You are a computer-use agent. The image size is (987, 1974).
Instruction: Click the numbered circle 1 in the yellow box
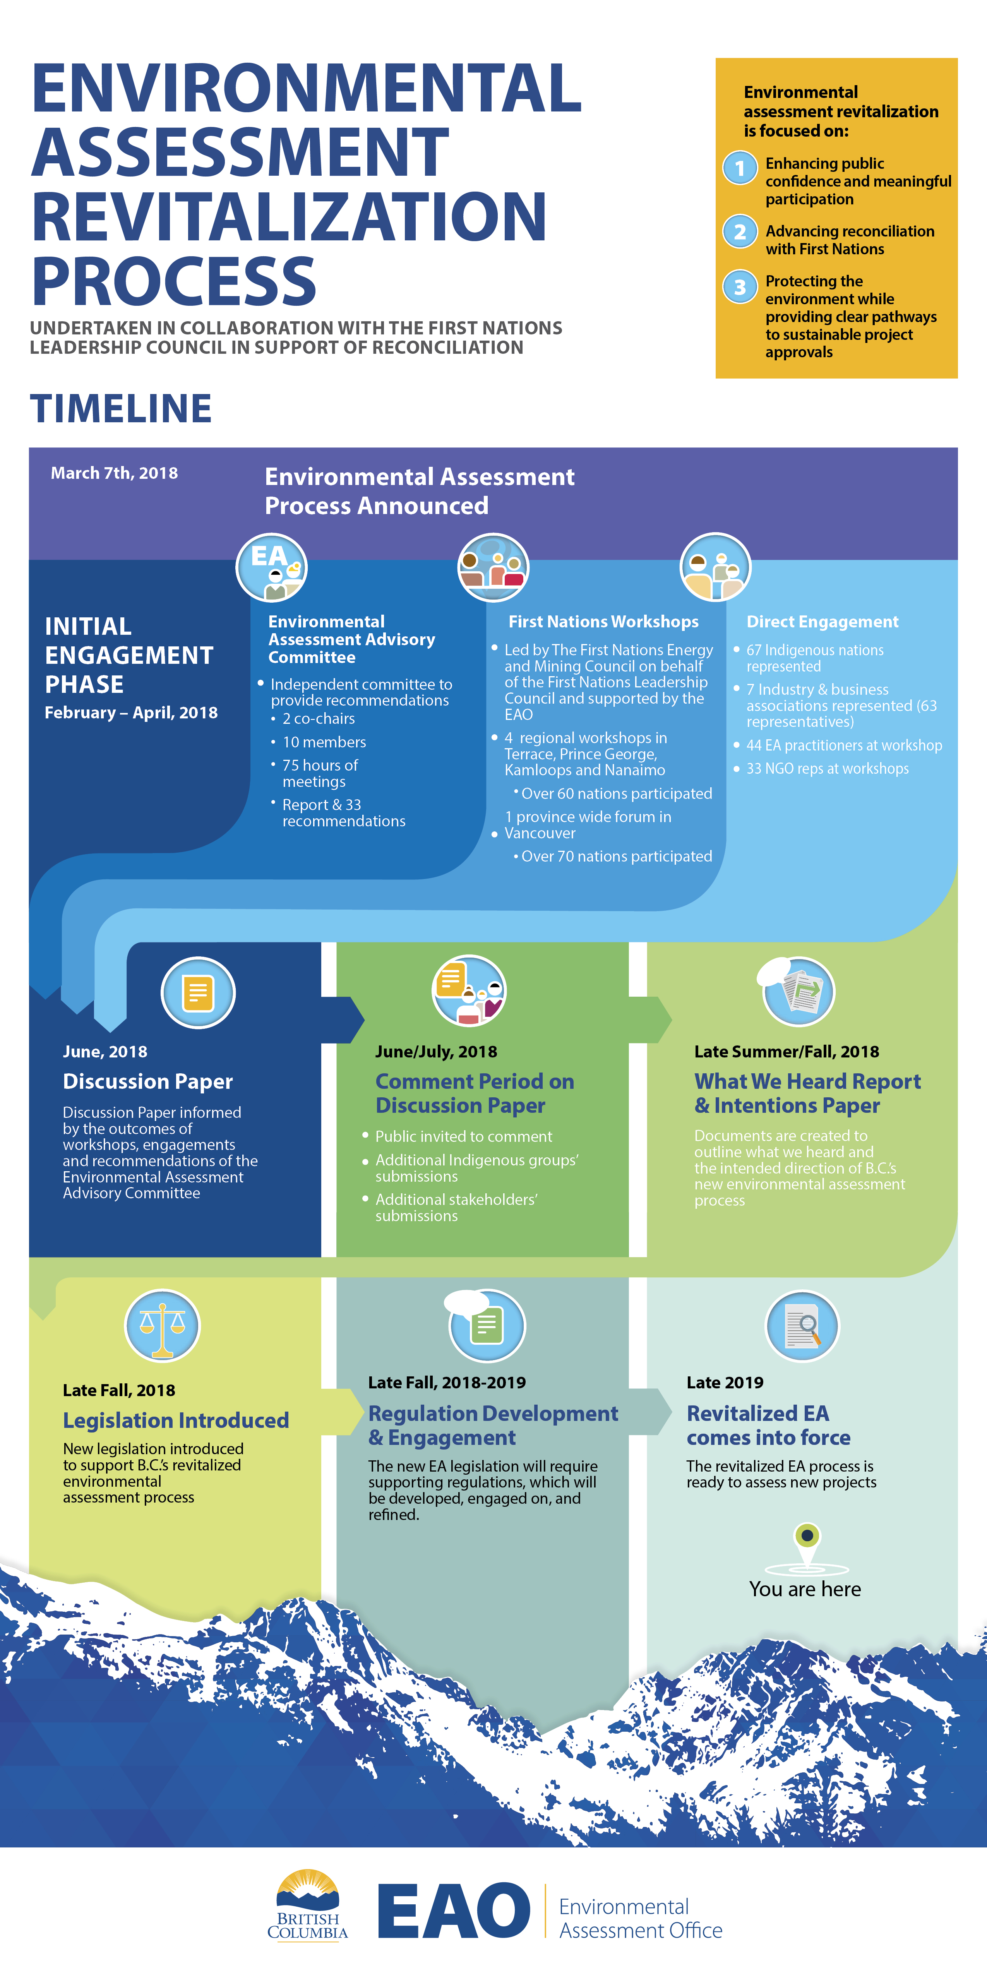click(740, 168)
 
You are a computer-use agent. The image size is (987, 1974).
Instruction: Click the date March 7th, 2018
click(114, 473)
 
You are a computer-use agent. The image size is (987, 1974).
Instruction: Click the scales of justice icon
click(163, 1326)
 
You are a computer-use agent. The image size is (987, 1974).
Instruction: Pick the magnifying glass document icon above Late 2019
click(802, 1326)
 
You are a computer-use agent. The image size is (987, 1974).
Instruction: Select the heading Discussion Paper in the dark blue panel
click(148, 1081)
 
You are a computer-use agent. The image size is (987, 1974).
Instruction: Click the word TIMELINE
click(121, 408)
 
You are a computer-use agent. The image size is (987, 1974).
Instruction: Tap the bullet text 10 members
click(324, 742)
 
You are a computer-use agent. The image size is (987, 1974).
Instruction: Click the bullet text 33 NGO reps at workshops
click(828, 769)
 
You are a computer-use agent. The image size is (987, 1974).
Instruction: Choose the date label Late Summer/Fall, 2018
click(786, 1051)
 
